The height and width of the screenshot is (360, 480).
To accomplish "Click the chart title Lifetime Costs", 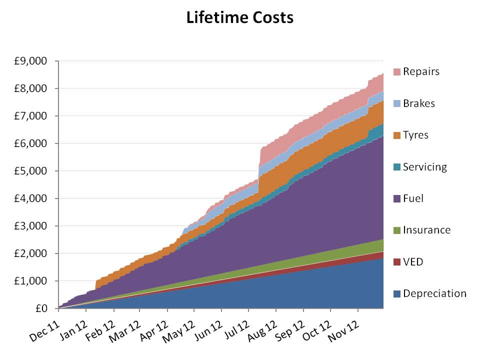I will (239, 17).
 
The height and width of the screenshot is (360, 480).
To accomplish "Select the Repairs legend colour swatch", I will (397, 71).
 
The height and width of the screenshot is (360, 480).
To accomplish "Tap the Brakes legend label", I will (419, 103).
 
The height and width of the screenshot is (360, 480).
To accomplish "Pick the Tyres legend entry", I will (415, 135).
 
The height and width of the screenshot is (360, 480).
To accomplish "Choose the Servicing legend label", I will (425, 167).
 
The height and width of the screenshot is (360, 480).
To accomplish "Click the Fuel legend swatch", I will (397, 198).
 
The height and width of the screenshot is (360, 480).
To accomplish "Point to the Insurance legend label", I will (427, 230).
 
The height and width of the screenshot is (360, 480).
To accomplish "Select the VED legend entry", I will (413, 262).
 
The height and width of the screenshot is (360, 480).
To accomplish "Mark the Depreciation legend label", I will (434, 293).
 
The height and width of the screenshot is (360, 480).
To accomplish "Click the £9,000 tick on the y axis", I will (31, 61).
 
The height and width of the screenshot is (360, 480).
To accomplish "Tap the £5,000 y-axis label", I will (31, 171).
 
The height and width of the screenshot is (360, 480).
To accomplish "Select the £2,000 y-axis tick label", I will (31, 253).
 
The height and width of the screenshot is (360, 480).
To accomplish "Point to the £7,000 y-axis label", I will (31, 116).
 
